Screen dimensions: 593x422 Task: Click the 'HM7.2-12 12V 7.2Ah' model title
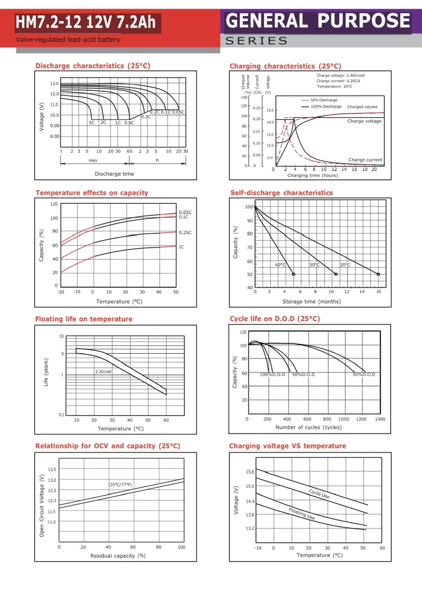[86, 22]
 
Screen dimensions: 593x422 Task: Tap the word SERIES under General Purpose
[256, 41]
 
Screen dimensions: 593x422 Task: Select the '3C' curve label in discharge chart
[92, 122]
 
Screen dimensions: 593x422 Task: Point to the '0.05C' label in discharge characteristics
[178, 112]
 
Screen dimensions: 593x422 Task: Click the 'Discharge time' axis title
[114, 174]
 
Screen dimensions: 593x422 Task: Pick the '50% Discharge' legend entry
[324, 100]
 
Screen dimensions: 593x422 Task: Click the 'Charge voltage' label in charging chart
[365, 121]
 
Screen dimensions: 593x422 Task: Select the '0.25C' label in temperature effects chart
[185, 233]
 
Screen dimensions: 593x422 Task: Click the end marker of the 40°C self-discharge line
[293, 274]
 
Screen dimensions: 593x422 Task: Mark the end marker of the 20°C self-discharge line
[378, 274]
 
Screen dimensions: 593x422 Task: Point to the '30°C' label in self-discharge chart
[315, 265]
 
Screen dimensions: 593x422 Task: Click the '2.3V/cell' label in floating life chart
[103, 372]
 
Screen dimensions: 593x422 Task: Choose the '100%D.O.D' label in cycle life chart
[272, 374]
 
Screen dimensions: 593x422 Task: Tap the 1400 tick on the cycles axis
[380, 419]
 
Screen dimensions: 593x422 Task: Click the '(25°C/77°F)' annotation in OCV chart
[120, 485]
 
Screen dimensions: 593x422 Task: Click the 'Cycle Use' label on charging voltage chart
[319, 493]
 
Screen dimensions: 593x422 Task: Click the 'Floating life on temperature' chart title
[84, 319]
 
